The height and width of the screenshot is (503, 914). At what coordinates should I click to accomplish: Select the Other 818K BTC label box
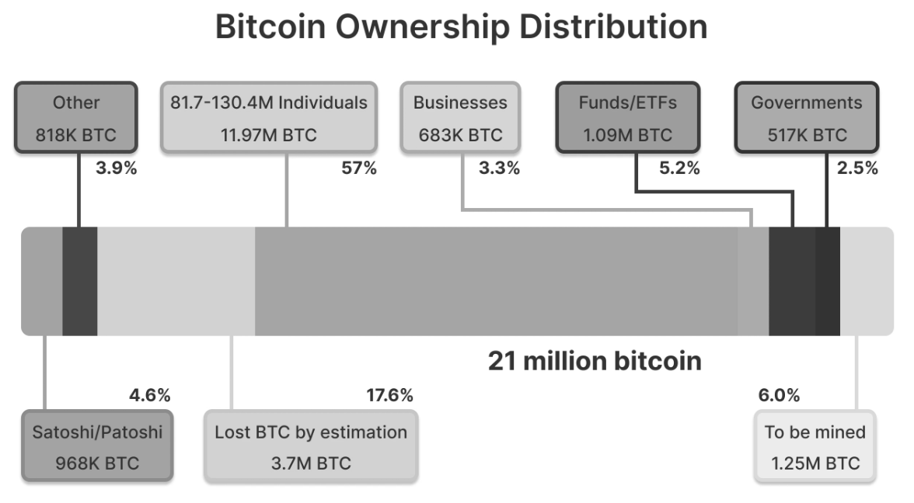[x=76, y=118]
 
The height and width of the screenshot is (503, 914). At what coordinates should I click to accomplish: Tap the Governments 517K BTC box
[x=806, y=118]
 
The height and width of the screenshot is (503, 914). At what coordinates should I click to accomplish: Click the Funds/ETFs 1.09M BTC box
[x=627, y=118]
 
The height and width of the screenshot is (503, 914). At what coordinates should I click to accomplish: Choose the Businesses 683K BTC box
[x=460, y=118]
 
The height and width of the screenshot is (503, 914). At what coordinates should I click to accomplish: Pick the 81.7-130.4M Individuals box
[x=269, y=118]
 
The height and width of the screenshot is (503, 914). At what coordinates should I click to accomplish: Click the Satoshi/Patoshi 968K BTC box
[x=97, y=447]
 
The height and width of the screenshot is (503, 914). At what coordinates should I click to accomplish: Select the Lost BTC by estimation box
[x=311, y=447]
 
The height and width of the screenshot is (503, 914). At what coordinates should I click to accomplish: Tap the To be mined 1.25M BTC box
[x=815, y=447]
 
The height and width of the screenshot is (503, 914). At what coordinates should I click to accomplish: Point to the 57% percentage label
[x=359, y=168]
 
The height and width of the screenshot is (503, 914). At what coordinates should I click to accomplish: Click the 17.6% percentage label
[x=389, y=396]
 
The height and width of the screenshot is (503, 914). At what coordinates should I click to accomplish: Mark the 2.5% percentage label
[x=857, y=168]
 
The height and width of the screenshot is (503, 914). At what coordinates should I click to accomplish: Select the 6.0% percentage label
[x=779, y=396]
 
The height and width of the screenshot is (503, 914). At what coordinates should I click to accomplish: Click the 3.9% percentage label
[x=116, y=168]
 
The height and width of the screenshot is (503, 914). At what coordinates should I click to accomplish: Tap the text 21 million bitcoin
[x=595, y=361]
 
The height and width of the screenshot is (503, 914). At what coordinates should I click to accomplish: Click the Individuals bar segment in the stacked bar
[x=496, y=281]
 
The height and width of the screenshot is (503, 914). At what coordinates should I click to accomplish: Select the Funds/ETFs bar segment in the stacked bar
[x=791, y=281]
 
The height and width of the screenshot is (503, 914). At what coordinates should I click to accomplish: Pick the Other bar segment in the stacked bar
[x=79, y=281]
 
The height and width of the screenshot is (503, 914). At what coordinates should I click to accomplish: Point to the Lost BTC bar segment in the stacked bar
[x=176, y=281]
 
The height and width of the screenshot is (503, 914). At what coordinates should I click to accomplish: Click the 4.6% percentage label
[x=149, y=396]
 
